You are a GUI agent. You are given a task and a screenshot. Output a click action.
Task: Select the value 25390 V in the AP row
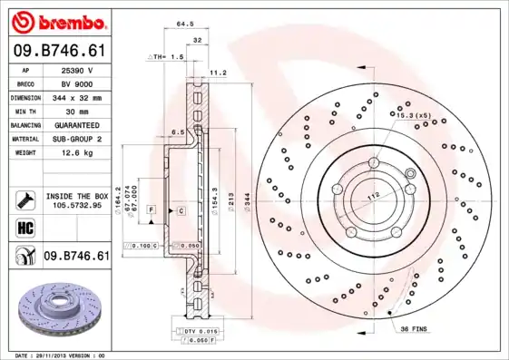coord(76,70)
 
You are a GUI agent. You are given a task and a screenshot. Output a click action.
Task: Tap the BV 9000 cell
coord(76,83)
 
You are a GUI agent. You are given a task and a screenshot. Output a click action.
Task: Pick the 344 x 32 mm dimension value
coord(76,97)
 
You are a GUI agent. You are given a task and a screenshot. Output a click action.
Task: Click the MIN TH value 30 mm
coord(76,111)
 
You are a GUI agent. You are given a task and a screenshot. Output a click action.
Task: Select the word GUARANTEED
coord(76,124)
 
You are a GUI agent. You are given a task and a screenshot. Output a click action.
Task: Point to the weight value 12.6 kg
coord(76,152)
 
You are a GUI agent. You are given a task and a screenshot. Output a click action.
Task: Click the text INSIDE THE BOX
coord(76,195)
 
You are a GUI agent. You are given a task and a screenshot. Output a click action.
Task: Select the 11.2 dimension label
coord(218,73)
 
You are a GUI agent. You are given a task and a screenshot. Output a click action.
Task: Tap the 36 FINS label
coord(414,329)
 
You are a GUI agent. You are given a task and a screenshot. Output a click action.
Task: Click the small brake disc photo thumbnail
coord(54,307)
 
